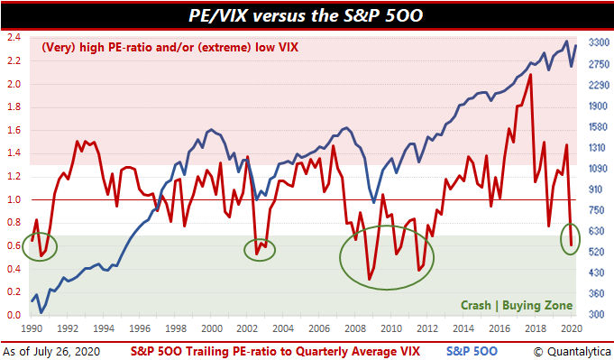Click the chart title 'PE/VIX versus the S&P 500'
click(306, 15)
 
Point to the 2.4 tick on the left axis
click(14, 38)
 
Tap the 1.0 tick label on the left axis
click(14, 199)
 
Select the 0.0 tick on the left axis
click(14, 316)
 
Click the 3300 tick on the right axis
click(599, 42)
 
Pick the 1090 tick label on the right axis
click(599, 169)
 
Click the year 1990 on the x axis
click(32, 328)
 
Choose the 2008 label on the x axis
click(355, 328)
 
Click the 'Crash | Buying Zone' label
click(517, 305)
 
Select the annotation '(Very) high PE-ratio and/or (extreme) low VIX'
click(170, 48)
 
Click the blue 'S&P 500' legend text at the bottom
click(472, 351)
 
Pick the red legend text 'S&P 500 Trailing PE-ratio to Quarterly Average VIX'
click(275, 351)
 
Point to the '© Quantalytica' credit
click(573, 352)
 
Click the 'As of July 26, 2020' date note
click(51, 352)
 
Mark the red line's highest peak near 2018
click(530, 74)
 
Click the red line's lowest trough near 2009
click(370, 280)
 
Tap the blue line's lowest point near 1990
click(41, 312)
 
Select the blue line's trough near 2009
click(373, 202)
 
